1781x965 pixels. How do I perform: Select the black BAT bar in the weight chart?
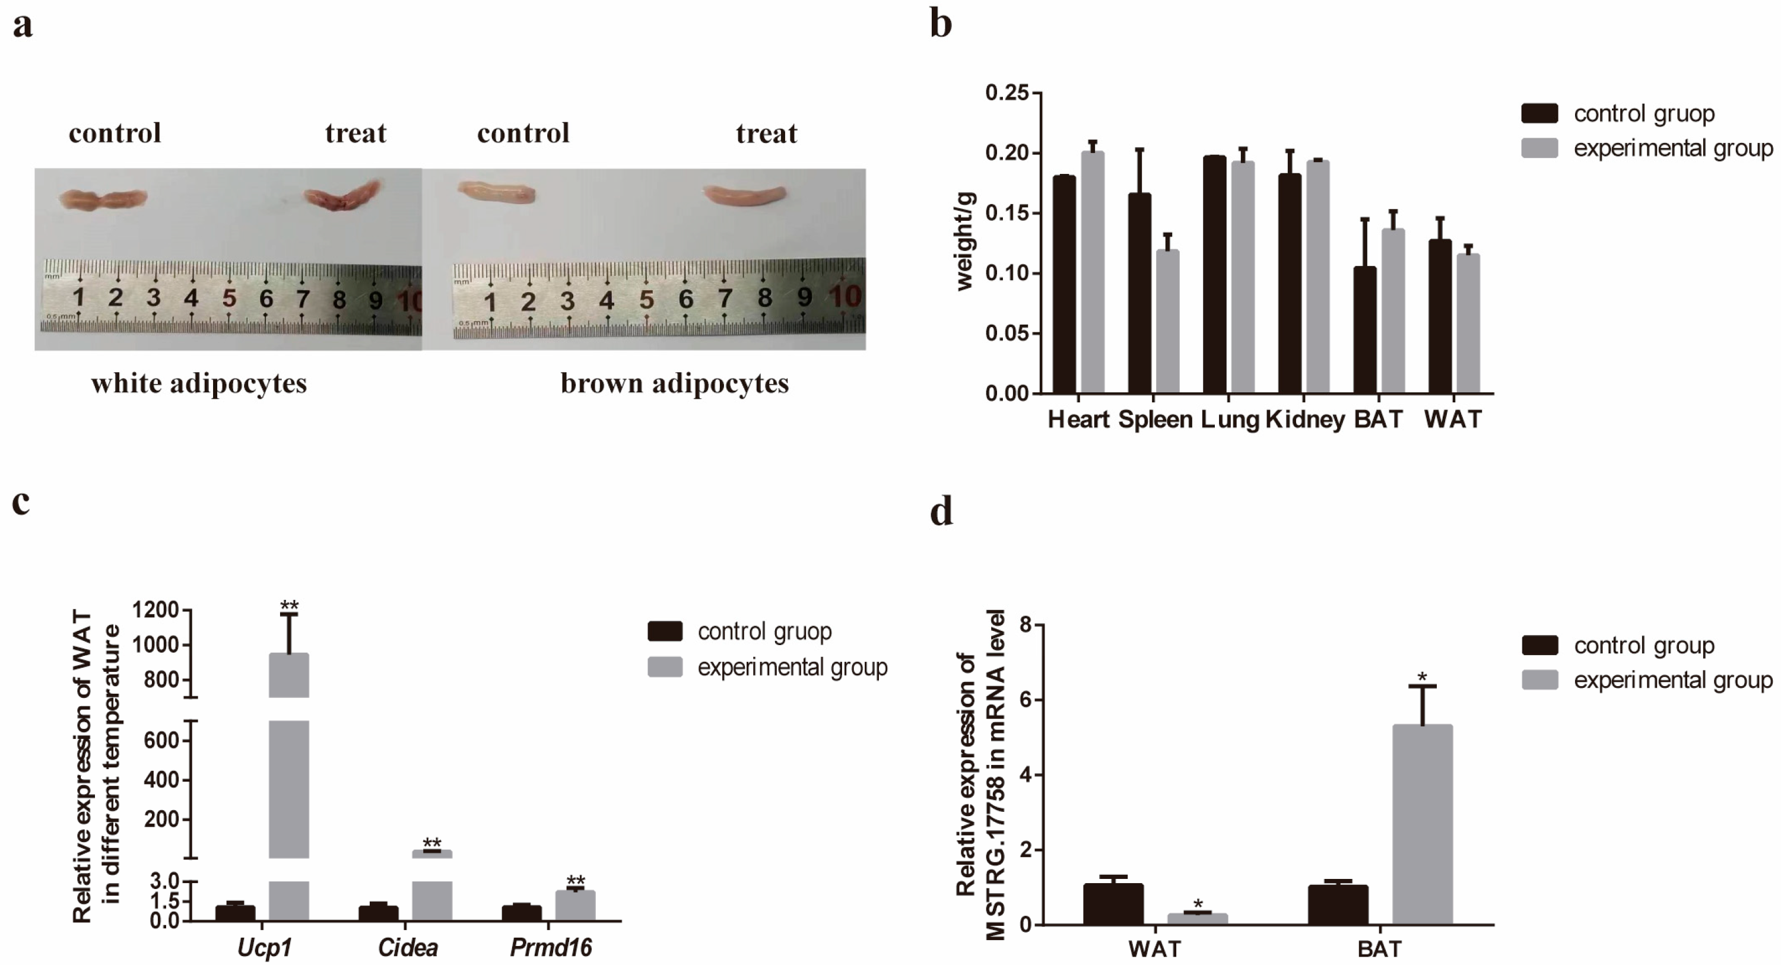pyautogui.click(x=1365, y=330)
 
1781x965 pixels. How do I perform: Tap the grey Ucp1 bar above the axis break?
pyautogui.click(x=288, y=675)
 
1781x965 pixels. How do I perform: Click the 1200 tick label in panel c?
pyautogui.click(x=155, y=610)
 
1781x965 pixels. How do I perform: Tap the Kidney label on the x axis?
pyautogui.click(x=1305, y=420)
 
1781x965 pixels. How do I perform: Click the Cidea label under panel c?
pyautogui.click(x=408, y=948)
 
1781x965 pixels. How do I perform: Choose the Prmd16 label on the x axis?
pyautogui.click(x=551, y=948)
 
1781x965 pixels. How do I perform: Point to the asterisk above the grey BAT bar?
pyautogui.click(x=1422, y=677)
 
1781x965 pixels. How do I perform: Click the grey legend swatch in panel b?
pyautogui.click(x=1539, y=148)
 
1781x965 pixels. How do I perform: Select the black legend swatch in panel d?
pyautogui.click(x=1539, y=646)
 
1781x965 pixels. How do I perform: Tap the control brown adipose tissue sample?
pyautogui.click(x=496, y=192)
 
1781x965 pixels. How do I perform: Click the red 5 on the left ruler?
pyautogui.click(x=229, y=298)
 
